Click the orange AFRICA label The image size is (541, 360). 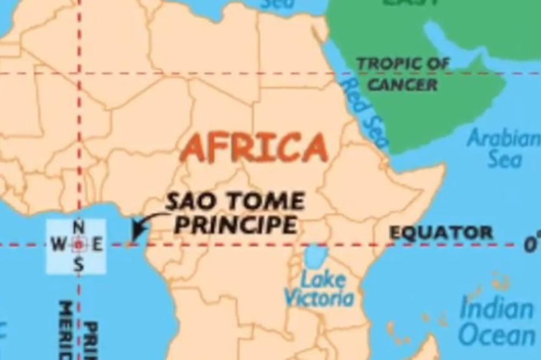(254, 147)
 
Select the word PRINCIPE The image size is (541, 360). (236, 224)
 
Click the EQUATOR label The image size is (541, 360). (441, 233)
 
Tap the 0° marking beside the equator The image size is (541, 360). (531, 244)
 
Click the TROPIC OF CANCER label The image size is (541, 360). (404, 74)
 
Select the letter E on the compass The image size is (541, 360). (97, 245)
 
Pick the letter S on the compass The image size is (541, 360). (79, 265)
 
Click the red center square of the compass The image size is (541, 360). (79, 245)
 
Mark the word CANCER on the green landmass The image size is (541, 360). (403, 84)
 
